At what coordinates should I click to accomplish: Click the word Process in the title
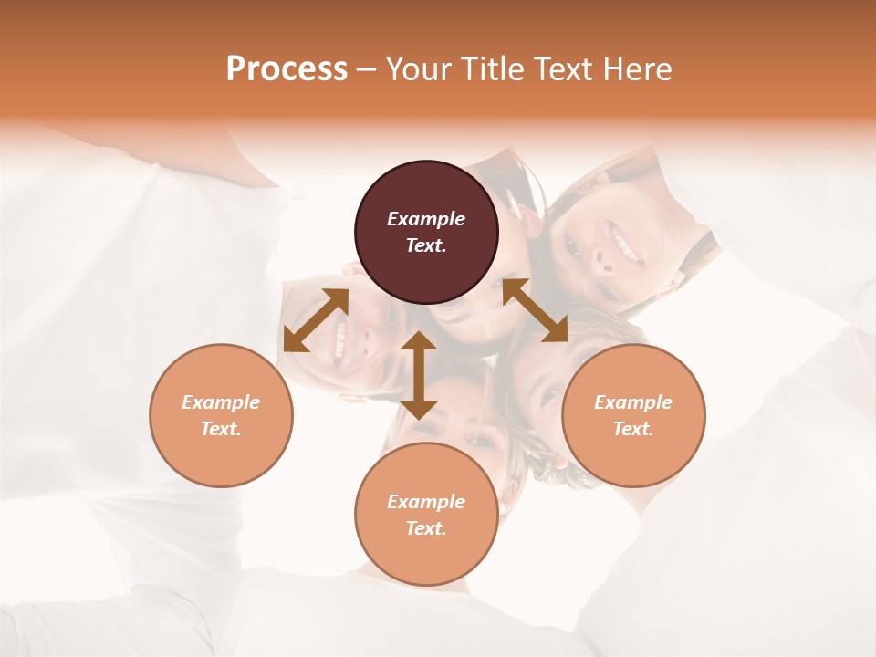[287, 69]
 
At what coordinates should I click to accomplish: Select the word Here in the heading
[638, 69]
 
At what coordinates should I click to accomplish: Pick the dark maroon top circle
[426, 232]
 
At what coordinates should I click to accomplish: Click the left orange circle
[221, 415]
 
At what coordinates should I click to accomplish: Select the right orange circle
[633, 415]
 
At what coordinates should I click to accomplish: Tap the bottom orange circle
[426, 515]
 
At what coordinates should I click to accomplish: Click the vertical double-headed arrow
[419, 375]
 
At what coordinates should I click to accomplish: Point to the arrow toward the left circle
[316, 320]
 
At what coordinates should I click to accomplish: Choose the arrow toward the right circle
[535, 311]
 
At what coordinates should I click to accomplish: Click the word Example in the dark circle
[426, 219]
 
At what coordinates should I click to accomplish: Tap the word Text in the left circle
[220, 429]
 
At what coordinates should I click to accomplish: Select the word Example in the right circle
[633, 402]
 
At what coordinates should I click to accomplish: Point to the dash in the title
[367, 70]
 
